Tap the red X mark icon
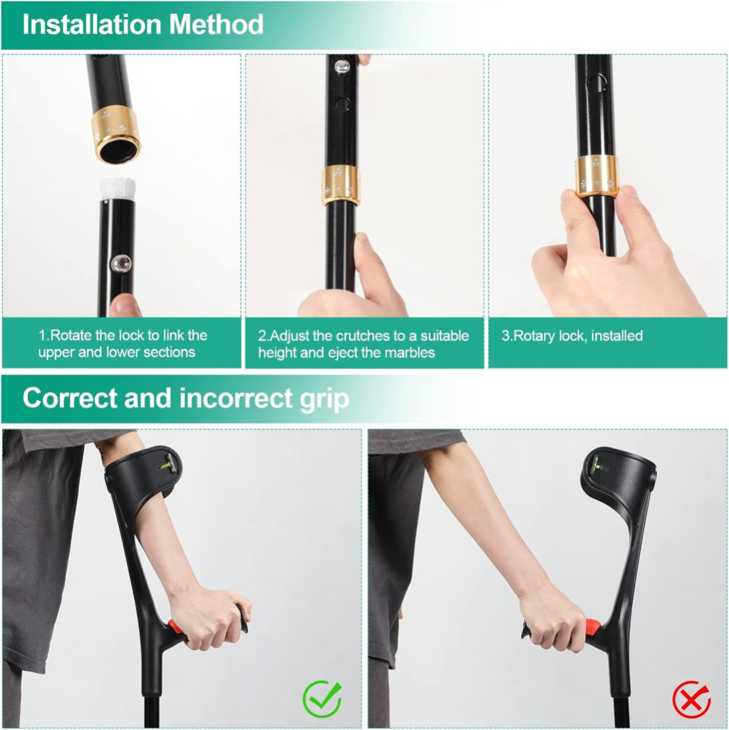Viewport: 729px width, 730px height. pos(692,699)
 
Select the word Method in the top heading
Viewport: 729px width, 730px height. pos(217,24)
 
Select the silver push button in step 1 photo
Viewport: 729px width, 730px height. pos(120,264)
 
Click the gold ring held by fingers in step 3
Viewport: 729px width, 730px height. pos(596,175)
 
